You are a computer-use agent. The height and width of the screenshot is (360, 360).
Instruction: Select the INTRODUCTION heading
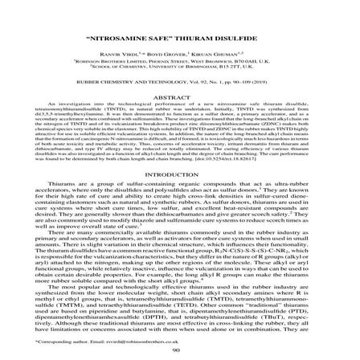tap(179, 174)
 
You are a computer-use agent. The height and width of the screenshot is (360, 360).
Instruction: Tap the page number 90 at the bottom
tap(180, 351)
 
